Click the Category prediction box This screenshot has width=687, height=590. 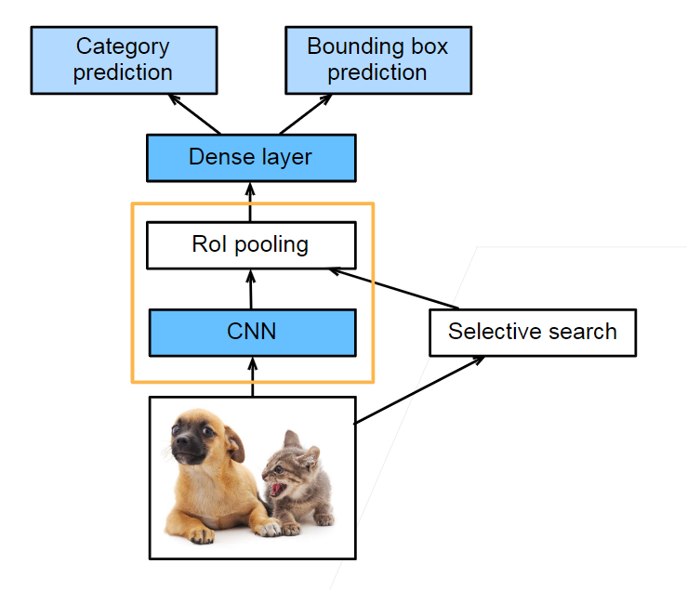[x=124, y=59]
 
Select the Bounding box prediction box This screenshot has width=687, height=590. [x=377, y=59]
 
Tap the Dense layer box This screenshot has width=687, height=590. [x=251, y=157]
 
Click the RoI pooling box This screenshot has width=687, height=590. [x=251, y=245]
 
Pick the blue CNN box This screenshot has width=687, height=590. [x=251, y=332]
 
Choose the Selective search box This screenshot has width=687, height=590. [x=532, y=333]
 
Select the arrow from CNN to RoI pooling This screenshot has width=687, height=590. [x=251, y=289]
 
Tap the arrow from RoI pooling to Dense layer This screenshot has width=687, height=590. [x=250, y=202]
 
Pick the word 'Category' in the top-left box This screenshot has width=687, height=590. [x=123, y=46]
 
